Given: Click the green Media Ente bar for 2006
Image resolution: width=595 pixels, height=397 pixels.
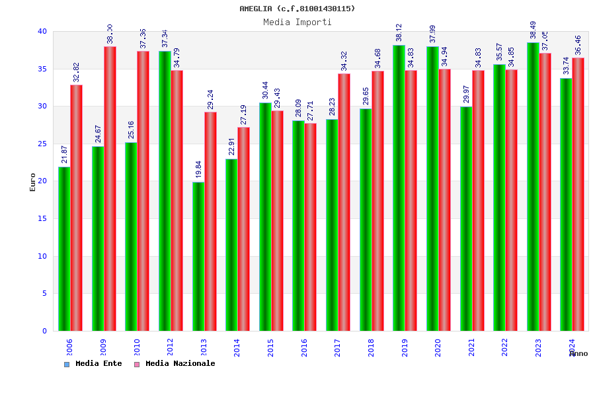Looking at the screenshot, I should tap(64, 249).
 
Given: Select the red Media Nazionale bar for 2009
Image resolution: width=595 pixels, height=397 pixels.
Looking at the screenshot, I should tap(110, 189).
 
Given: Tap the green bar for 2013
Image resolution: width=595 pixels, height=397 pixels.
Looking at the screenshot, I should tap(198, 256).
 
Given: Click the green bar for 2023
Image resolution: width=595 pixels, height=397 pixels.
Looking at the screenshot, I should tap(533, 187).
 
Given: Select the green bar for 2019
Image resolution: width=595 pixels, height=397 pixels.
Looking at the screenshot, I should tap(399, 188).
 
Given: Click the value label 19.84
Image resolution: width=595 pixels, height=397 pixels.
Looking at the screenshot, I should tap(198, 169).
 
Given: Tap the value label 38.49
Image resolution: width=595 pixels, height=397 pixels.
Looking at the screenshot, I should tap(533, 30).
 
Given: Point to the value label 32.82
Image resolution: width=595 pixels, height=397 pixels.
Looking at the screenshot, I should tap(77, 72).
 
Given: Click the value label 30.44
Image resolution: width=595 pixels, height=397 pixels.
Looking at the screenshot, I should tap(265, 90).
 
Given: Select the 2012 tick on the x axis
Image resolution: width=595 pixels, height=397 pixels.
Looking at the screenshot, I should tap(170, 347).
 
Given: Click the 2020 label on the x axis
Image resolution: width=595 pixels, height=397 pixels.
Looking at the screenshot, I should tap(438, 347).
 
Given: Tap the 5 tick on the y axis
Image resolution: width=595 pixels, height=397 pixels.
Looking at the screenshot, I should tap(44, 294).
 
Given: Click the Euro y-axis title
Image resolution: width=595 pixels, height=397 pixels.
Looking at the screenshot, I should tap(33, 182).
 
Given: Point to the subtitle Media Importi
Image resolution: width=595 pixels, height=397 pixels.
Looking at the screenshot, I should tap(297, 22).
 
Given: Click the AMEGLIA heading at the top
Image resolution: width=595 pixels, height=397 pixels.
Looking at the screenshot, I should tap(297, 9).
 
